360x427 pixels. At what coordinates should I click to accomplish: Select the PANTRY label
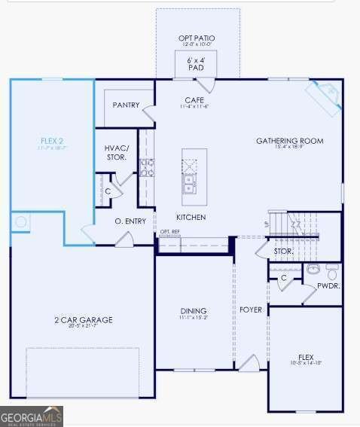(x=126, y=105)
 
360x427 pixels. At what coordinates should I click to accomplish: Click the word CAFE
(x=194, y=100)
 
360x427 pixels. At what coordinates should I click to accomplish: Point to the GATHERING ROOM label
(x=289, y=141)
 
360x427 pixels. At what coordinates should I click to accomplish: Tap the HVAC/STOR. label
(x=117, y=153)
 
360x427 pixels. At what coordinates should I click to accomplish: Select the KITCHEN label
(x=191, y=217)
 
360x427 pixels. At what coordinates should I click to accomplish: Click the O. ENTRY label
(x=130, y=221)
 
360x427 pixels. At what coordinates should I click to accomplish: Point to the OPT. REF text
(x=170, y=232)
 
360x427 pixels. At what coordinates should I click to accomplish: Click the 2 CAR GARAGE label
(x=83, y=319)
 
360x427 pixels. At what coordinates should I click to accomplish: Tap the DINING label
(x=194, y=311)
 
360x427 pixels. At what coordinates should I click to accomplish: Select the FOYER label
(x=250, y=310)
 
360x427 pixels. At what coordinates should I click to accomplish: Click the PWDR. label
(x=328, y=286)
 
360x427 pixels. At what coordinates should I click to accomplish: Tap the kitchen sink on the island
(x=188, y=181)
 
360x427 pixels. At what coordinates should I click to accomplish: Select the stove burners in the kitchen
(x=146, y=167)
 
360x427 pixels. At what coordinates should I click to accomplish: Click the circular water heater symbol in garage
(x=21, y=222)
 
